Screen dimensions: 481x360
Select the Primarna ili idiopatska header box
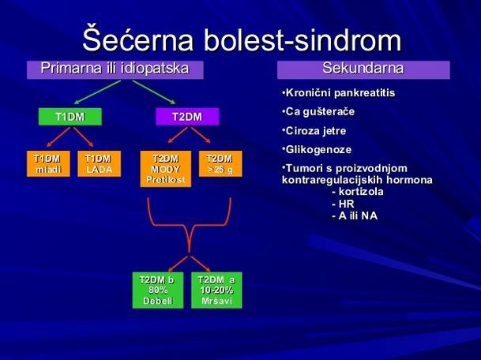[115, 70]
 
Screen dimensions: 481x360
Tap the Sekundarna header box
[363, 70]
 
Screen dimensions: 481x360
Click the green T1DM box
[70, 117]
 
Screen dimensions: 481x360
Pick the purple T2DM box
[187, 117]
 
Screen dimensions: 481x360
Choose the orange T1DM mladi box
[48, 163]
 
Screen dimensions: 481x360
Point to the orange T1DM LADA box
[99, 163]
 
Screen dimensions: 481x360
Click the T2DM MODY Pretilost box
[166, 169]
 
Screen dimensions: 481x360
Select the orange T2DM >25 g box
[220, 163]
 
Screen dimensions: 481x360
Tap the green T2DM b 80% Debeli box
[158, 290]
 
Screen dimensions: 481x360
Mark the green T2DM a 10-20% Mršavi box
[216, 290]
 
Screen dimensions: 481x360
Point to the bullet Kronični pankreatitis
[338, 93]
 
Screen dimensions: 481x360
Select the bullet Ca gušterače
[318, 111]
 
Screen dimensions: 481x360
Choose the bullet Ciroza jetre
[314, 131]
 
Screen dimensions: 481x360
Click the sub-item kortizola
[358, 192]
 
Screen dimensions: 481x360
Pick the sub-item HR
[343, 204]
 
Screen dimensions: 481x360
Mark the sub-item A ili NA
[355, 216]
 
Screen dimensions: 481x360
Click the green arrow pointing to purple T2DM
[154, 92]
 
